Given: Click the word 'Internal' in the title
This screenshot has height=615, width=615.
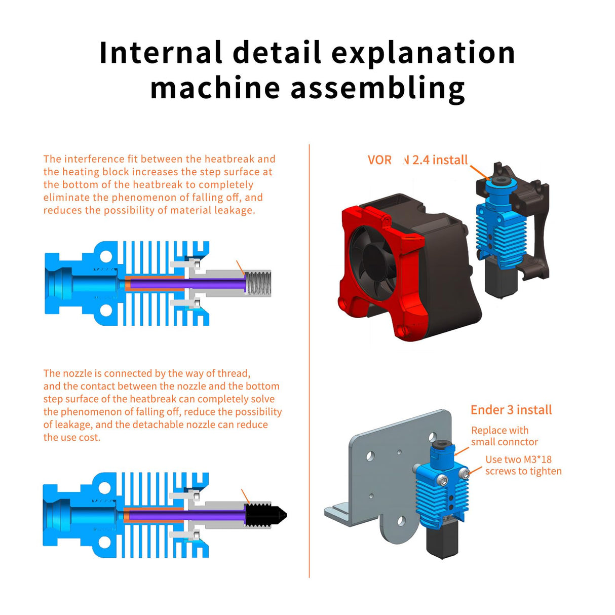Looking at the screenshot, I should pos(161,53).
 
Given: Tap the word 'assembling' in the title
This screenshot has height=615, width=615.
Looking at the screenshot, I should pos(377,88).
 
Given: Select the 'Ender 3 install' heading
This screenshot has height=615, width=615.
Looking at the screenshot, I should pos(511,410).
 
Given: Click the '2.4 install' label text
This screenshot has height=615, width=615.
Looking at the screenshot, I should pos(440,160).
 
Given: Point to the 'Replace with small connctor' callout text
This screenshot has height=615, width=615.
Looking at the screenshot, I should pos(504,436).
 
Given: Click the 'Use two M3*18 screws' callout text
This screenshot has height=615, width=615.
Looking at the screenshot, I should pos(523,465).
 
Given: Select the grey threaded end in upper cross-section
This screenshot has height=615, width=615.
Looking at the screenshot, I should pos(259,283).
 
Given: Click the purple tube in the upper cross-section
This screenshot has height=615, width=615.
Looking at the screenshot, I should pos(187,283).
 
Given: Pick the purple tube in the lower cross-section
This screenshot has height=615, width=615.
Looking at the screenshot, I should pos(187,515).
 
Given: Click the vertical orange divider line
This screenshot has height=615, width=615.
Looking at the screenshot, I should pos(309,355).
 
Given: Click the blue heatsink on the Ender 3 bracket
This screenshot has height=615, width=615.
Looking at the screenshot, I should pos(441,494).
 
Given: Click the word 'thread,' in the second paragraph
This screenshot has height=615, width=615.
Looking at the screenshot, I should pos(234,373).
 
